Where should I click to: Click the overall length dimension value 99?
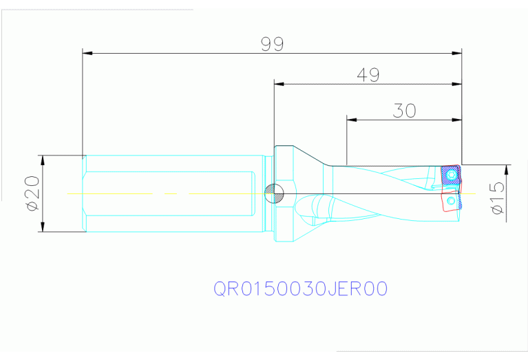coord(273,44)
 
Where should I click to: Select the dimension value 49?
coord(368,75)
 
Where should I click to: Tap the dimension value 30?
coord(404,110)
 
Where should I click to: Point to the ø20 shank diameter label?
coord(31,194)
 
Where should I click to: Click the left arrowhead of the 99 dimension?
coord(87,52)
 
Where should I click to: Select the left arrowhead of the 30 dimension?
coord(352,119)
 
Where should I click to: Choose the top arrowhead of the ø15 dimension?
coord(507,170)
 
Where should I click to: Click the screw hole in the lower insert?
coord(451,201)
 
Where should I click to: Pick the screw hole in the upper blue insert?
coord(451,176)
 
